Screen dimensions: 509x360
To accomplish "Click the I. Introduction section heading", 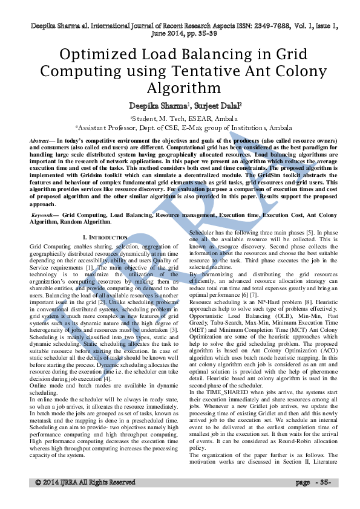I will point(105,238).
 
